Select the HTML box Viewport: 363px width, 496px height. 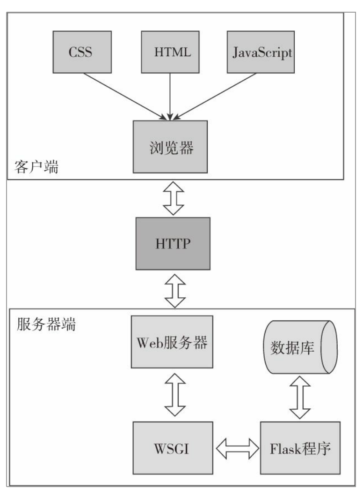point(173,52)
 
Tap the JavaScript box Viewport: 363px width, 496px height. point(261,52)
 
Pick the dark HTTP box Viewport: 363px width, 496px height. point(173,243)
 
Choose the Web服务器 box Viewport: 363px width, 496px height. point(172,341)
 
